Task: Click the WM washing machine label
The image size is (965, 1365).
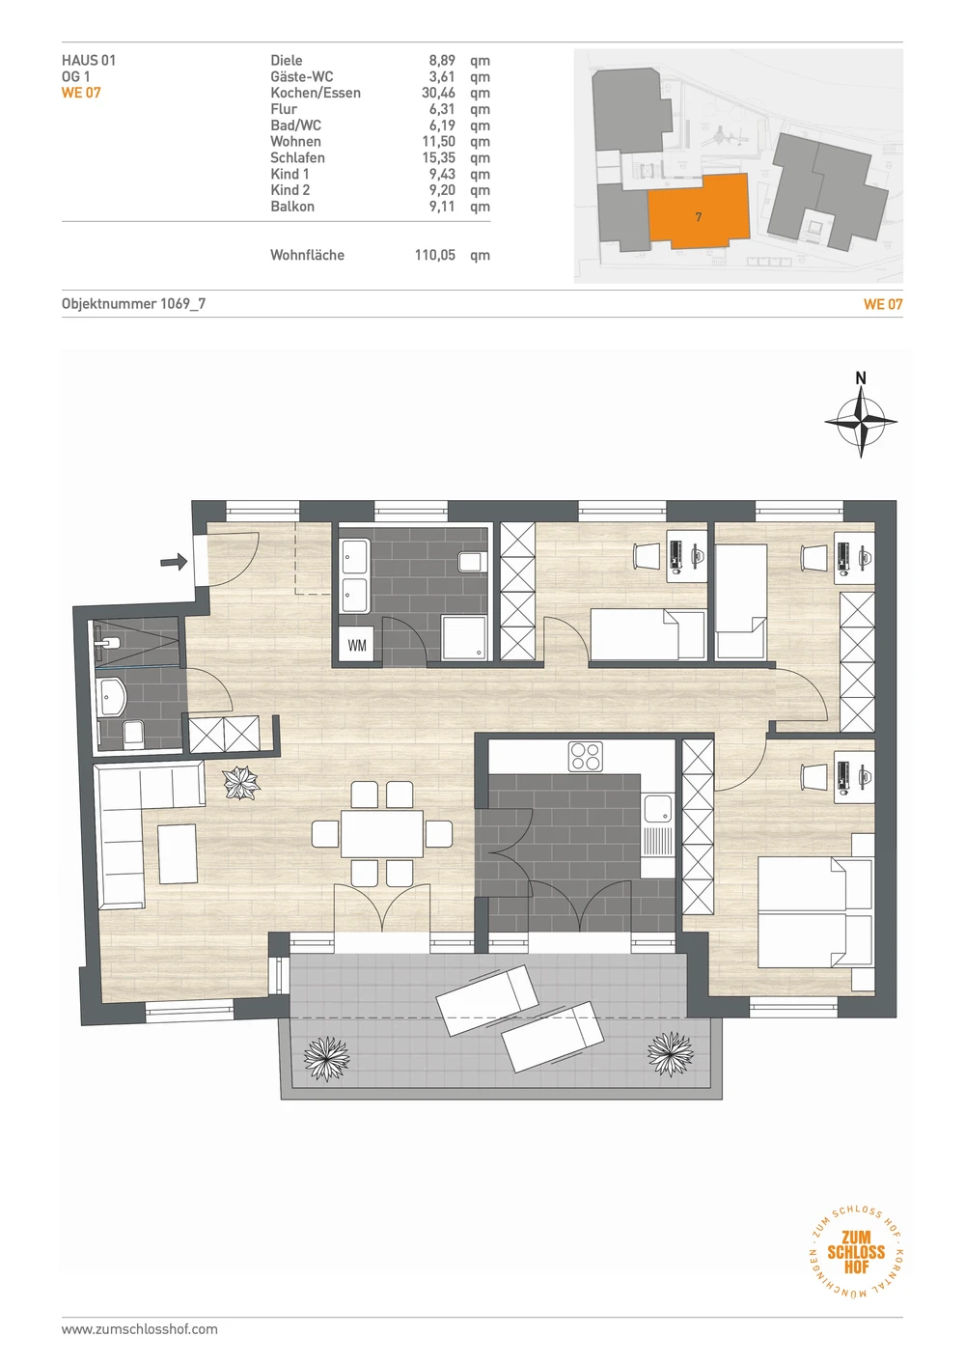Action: pyautogui.click(x=357, y=645)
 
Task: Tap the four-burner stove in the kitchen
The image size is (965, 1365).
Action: pyautogui.click(x=586, y=756)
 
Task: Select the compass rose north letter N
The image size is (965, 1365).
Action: pyautogui.click(x=860, y=378)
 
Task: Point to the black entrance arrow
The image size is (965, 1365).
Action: pyautogui.click(x=174, y=561)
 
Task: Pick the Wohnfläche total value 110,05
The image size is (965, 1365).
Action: pyautogui.click(x=435, y=255)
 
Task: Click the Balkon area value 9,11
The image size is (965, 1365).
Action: pyautogui.click(x=442, y=206)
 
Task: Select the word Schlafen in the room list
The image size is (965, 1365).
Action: pyautogui.click(x=297, y=157)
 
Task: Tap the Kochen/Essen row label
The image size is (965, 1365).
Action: pyautogui.click(x=316, y=93)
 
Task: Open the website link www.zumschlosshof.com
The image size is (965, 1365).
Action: pyautogui.click(x=140, y=1329)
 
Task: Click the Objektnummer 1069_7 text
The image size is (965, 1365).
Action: pyautogui.click(x=133, y=303)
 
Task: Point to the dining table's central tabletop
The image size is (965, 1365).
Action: pyautogui.click(x=382, y=833)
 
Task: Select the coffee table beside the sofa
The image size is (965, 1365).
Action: pyautogui.click(x=178, y=853)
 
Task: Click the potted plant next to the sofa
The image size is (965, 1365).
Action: pyautogui.click(x=241, y=783)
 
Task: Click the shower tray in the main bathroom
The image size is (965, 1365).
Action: pyautogui.click(x=465, y=638)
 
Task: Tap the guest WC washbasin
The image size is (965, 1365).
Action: pyautogui.click(x=111, y=698)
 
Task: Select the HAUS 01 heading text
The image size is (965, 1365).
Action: pyautogui.click(x=89, y=60)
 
